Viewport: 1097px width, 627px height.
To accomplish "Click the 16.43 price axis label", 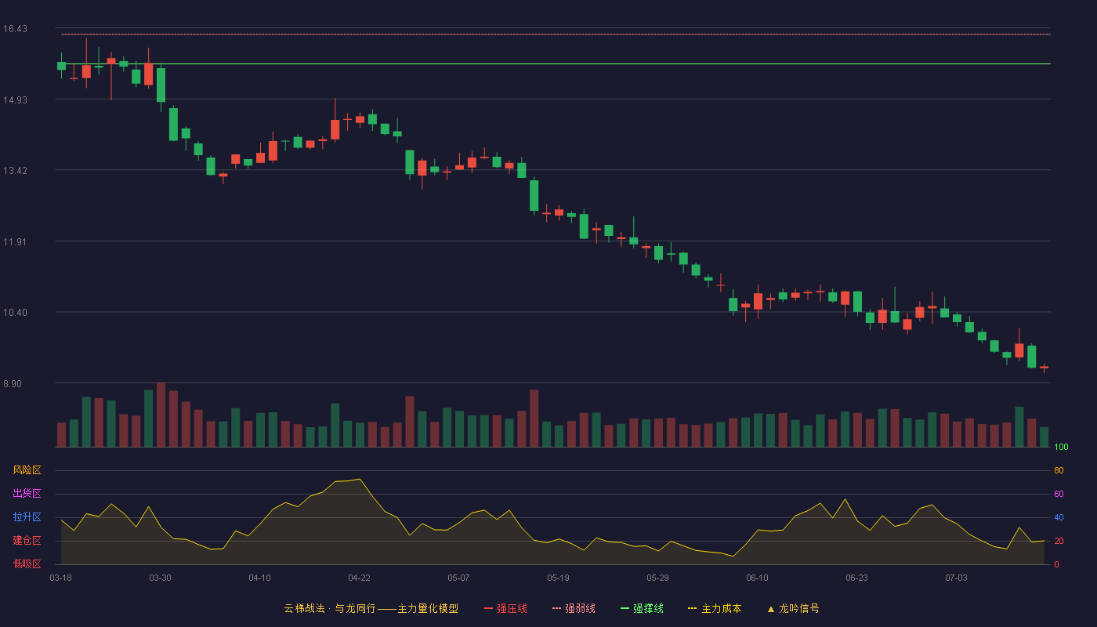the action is pos(15,29).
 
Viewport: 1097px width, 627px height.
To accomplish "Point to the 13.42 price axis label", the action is pos(15,171).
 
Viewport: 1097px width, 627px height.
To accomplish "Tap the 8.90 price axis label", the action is pos(13,383).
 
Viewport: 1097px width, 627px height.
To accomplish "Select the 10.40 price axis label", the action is pos(15,313).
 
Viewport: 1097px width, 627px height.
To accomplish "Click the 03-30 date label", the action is pos(160,578).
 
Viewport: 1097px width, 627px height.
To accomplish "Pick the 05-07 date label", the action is pos(458,578).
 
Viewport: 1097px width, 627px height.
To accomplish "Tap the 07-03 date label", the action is pos(956,578).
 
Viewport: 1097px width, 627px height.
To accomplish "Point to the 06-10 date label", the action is pos(757,578).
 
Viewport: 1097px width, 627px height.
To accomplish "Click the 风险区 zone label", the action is pos(27,469).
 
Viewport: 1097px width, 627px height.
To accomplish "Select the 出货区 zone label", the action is pos(27,493).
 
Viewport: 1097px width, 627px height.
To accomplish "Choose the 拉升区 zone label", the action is pos(27,516).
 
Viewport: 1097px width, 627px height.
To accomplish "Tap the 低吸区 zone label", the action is pos(27,564).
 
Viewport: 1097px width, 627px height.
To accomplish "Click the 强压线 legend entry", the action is pos(505,608).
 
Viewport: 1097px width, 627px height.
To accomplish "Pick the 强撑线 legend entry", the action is pos(642,608).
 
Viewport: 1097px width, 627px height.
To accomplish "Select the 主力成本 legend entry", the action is pos(715,608).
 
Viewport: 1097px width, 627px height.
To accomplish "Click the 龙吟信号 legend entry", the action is pos(793,608).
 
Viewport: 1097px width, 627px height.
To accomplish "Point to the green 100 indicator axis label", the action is pos(1061,447).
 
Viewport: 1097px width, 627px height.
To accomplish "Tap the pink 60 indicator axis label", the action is pos(1059,494).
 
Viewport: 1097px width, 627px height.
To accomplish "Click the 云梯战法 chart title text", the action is pos(304,608).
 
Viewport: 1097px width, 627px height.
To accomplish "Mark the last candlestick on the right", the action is pos(1044,368).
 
